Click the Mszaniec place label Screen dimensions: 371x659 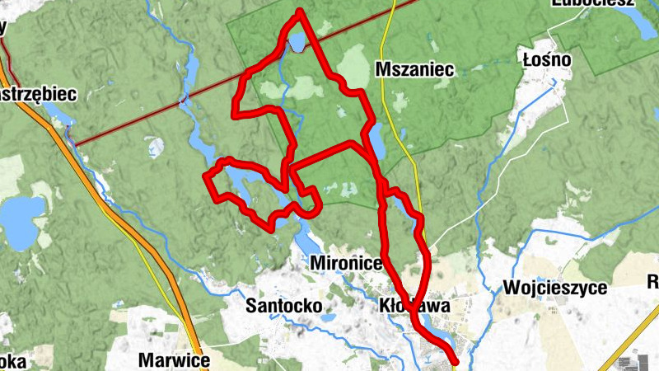[414, 70]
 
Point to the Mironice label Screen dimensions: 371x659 [347, 263]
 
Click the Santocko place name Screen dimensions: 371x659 [283, 305]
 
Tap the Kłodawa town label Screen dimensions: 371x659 [415, 305]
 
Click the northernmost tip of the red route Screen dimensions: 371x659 [301, 11]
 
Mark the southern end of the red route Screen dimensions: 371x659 [455, 360]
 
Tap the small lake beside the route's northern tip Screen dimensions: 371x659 [296, 41]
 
